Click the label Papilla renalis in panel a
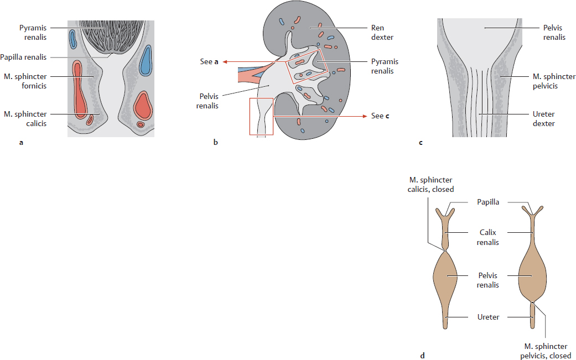click(x=24, y=56)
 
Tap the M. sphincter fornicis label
click(x=25, y=81)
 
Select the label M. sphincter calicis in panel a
click(x=25, y=118)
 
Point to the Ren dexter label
click(x=377, y=33)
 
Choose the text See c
click(x=380, y=116)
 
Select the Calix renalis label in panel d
click(x=489, y=238)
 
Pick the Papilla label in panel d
click(x=489, y=202)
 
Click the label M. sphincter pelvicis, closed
click(x=546, y=351)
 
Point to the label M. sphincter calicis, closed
click(x=430, y=185)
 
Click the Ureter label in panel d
click(x=489, y=317)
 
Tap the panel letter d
click(x=423, y=356)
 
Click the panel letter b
click(x=215, y=143)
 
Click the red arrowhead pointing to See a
click(x=225, y=62)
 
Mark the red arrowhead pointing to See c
click(x=365, y=116)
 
